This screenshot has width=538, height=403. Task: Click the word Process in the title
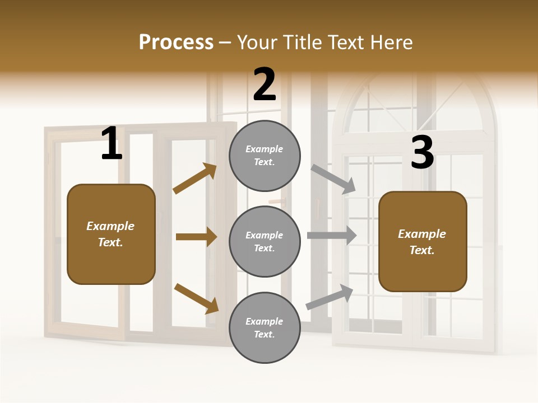point(176,43)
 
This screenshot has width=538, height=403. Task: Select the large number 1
point(112,144)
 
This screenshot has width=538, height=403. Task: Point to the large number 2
point(265,85)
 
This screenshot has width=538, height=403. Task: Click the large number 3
point(422,153)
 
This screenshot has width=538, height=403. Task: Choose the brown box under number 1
point(111,234)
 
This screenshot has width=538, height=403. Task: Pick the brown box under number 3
point(423,241)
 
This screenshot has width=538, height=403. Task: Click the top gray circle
point(265,156)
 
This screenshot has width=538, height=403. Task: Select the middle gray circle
point(265,241)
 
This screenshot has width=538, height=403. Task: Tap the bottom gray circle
point(265,327)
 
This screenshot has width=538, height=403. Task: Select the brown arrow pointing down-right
point(196,298)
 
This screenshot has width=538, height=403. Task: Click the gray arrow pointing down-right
point(333,179)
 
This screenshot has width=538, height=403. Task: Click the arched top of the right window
point(415,106)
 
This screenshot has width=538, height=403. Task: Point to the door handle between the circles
point(277,200)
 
